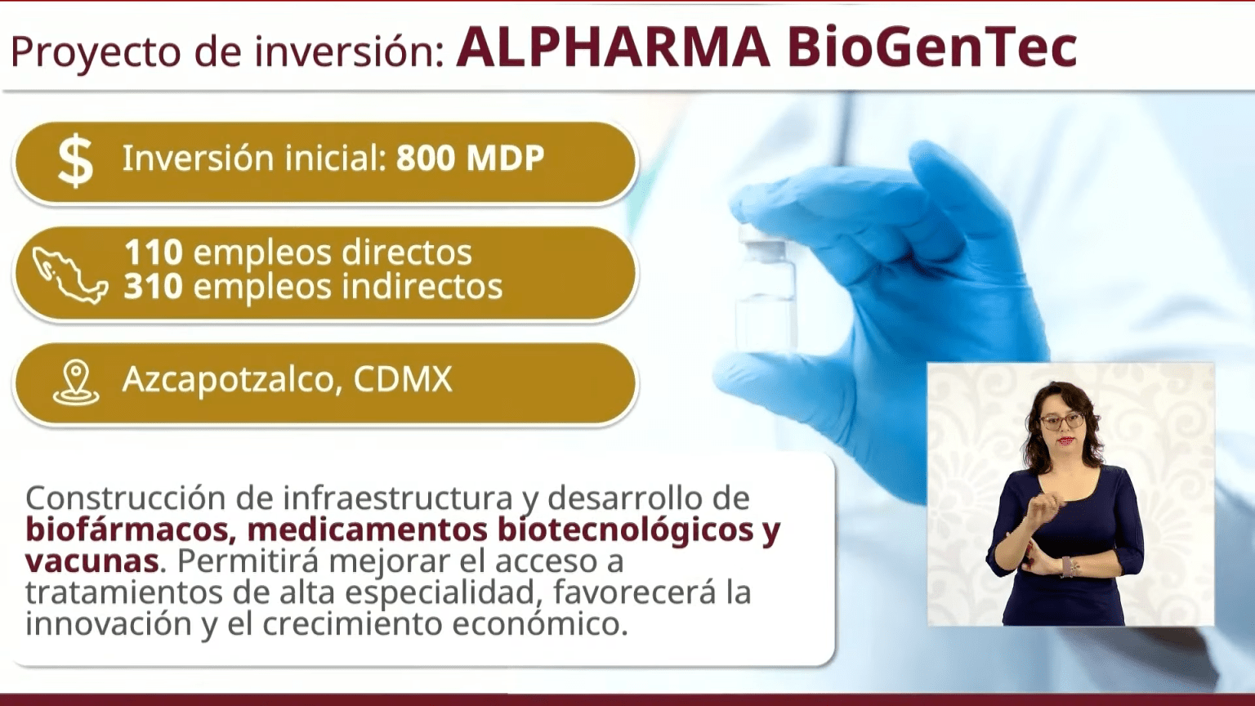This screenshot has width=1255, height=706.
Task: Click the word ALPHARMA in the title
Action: point(613,47)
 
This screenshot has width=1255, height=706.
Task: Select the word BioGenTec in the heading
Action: point(932,47)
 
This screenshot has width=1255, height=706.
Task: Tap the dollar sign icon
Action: point(75,161)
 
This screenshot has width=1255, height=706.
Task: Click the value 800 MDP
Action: point(470,159)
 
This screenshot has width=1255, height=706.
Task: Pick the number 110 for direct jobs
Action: point(153,252)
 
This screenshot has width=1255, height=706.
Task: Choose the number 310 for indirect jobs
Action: point(153,287)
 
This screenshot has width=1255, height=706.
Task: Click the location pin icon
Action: point(76,382)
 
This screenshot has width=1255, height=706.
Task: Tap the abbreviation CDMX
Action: point(403,380)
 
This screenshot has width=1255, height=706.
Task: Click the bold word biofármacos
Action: point(127,529)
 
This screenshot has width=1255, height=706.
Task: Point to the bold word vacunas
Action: point(92,561)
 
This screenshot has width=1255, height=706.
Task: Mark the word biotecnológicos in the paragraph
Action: point(626,529)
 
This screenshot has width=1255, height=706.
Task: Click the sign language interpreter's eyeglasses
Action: point(1061,421)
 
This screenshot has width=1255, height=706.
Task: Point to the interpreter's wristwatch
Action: point(1066,565)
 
